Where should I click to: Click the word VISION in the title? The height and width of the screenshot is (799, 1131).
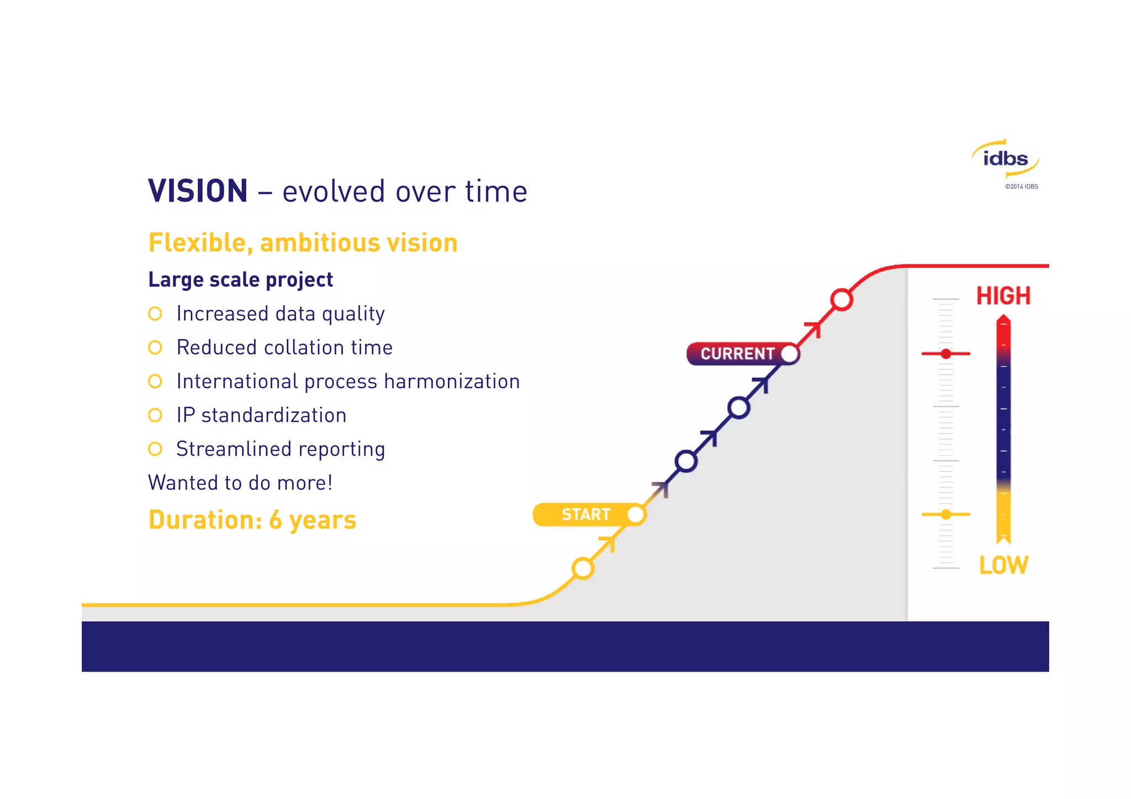(198, 191)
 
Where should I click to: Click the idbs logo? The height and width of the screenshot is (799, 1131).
(1005, 159)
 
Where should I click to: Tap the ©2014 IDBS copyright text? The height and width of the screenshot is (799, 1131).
(1021, 187)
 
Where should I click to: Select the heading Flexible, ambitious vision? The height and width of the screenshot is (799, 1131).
(303, 243)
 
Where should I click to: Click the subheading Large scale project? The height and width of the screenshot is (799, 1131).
(240, 279)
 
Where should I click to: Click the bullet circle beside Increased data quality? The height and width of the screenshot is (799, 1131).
(155, 314)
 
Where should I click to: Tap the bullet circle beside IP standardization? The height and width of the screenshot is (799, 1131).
(155, 415)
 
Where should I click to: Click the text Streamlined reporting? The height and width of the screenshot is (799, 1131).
(281, 449)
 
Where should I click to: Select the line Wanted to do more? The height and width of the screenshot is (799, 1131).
(240, 483)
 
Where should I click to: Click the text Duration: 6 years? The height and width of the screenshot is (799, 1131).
(252, 520)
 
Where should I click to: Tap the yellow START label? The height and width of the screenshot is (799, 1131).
(585, 515)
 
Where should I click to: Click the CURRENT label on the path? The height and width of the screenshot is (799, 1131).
(737, 353)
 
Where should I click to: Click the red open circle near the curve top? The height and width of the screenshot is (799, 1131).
(841, 300)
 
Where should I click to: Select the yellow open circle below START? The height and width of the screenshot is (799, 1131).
(583, 568)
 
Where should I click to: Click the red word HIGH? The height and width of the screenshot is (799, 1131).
(1003, 296)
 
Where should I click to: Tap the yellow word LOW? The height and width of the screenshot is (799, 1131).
(1003, 565)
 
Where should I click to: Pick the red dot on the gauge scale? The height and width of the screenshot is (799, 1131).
(946, 353)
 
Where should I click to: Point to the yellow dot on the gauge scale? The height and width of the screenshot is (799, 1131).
(946, 515)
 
